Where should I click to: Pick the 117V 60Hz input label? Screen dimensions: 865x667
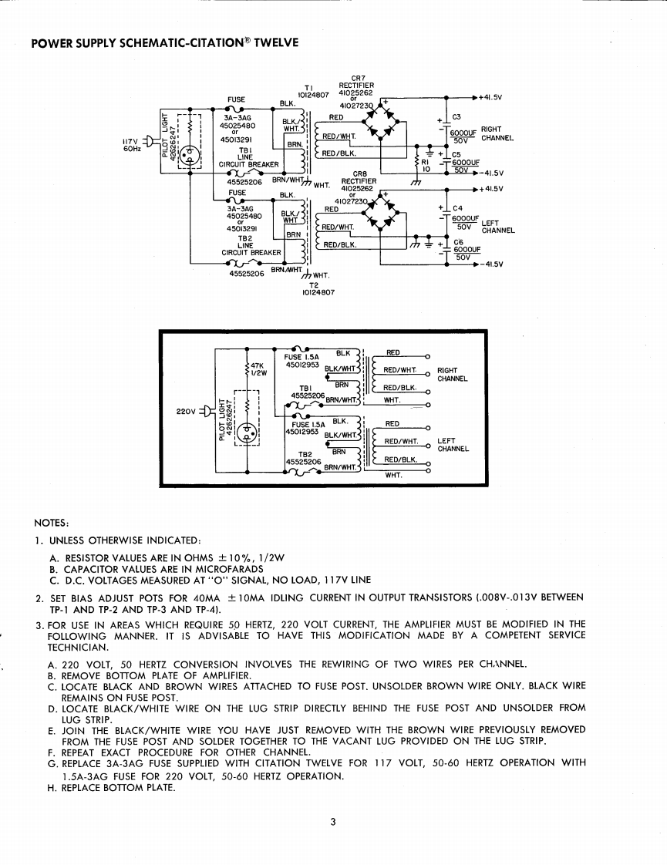coord(132,144)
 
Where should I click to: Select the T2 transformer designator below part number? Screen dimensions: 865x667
coord(314,284)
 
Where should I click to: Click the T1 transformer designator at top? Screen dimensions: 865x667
coord(310,87)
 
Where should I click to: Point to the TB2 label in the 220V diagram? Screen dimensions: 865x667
coord(305,454)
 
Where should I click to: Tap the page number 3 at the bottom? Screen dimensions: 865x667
coord(332,822)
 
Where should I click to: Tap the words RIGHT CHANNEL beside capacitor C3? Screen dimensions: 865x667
coord(492,134)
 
